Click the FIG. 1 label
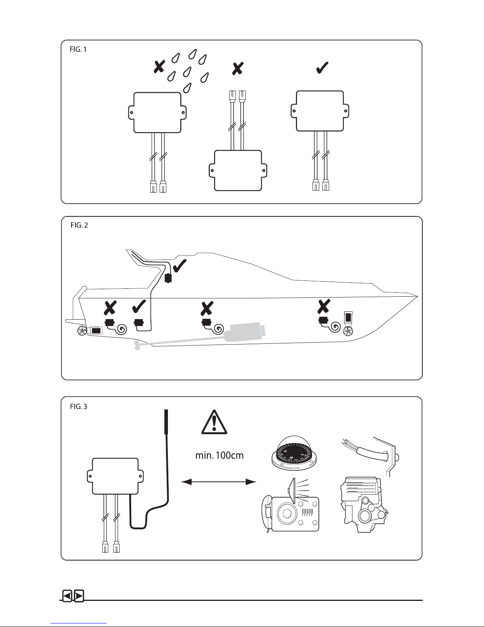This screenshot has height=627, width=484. [78, 49]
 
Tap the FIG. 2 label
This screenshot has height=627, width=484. [79, 225]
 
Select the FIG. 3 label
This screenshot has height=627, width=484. [78, 407]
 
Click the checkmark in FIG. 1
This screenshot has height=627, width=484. [322, 68]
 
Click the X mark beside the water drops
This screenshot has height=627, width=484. [159, 66]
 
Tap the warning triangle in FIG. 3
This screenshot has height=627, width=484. [214, 422]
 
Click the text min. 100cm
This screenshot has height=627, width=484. [220, 455]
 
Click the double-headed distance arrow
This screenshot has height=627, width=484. [218, 481]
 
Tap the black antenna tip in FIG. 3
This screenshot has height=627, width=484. [166, 422]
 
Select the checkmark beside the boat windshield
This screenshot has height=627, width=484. [180, 266]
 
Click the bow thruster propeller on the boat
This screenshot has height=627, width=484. [348, 331]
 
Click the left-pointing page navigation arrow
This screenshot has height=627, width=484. [68, 596]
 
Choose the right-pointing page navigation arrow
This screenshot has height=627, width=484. [79, 596]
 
